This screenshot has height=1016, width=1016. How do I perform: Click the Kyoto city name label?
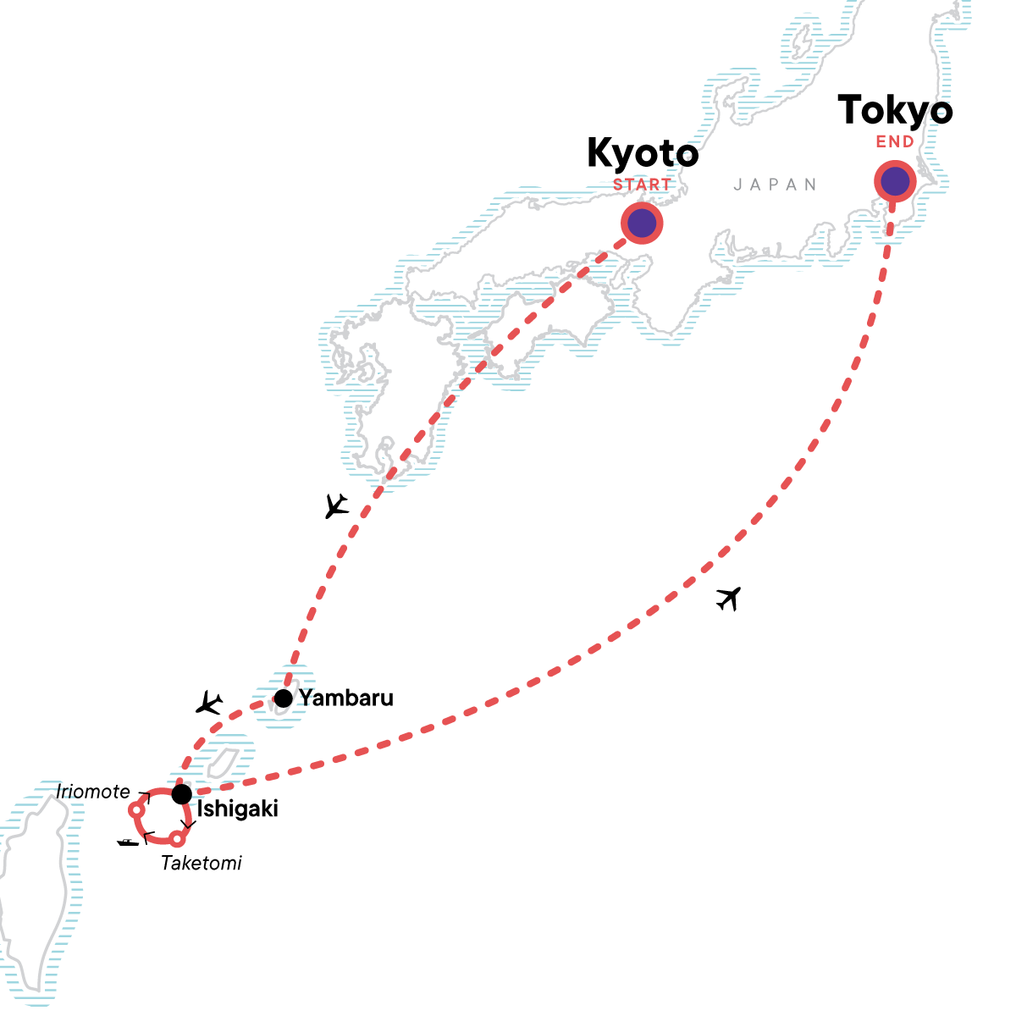tap(643, 154)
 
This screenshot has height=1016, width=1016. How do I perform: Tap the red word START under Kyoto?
tap(643, 185)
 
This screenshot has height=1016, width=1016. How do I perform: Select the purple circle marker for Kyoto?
tap(642, 224)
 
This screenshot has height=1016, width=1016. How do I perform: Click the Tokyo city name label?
tap(895, 112)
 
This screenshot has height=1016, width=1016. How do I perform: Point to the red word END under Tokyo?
tap(895, 142)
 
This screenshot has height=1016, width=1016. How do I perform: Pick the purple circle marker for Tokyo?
tap(895, 181)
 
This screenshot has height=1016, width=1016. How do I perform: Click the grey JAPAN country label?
tap(776, 185)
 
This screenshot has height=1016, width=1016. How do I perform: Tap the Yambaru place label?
tap(346, 698)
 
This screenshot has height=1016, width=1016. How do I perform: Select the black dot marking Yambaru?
tap(284, 698)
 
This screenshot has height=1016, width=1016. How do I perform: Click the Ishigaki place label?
tap(237, 809)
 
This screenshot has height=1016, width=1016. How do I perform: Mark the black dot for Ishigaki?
tap(181, 794)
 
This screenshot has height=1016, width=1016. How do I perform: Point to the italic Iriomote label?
tap(93, 792)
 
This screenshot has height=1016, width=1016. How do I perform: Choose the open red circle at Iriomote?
tap(135, 810)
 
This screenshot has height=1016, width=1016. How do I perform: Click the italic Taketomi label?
tap(202, 863)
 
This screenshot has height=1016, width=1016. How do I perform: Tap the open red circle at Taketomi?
tap(176, 839)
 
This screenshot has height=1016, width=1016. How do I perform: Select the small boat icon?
tap(128, 842)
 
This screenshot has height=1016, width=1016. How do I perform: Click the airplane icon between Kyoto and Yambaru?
tap(337, 506)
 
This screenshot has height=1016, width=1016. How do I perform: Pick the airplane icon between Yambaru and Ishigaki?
tap(208, 702)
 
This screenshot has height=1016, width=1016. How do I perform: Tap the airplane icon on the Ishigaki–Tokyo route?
tap(728, 598)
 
